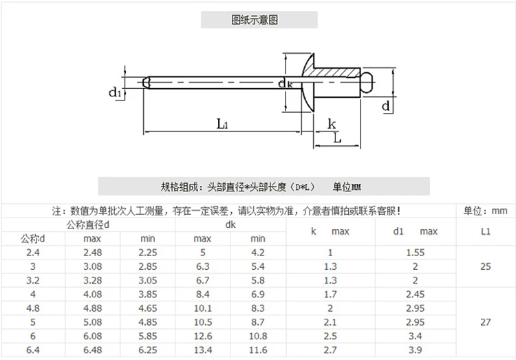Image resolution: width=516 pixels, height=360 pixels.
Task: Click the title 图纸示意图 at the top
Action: [255, 20]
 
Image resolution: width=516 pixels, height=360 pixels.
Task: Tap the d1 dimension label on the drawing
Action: [115, 92]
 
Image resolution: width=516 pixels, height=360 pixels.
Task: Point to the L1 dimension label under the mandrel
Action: [222, 124]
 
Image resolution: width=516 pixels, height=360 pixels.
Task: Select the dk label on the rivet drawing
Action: [285, 83]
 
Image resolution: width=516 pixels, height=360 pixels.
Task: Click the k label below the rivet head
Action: [332, 124]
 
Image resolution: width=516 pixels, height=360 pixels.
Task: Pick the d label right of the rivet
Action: [386, 106]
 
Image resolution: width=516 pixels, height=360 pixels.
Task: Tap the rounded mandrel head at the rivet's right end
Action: [367, 82]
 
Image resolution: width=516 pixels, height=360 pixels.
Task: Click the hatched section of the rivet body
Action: [332, 72]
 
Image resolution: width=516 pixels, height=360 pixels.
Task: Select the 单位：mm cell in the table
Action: [486, 211]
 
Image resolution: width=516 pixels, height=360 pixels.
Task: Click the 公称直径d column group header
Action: [88, 225]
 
